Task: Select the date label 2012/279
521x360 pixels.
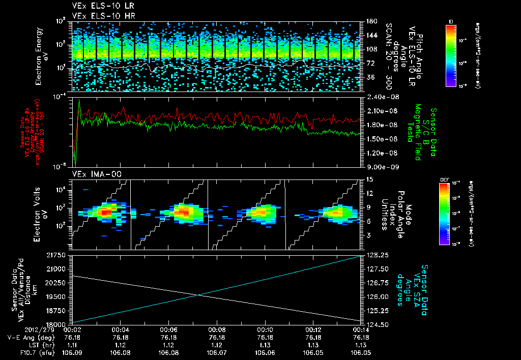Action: [20, 330]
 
